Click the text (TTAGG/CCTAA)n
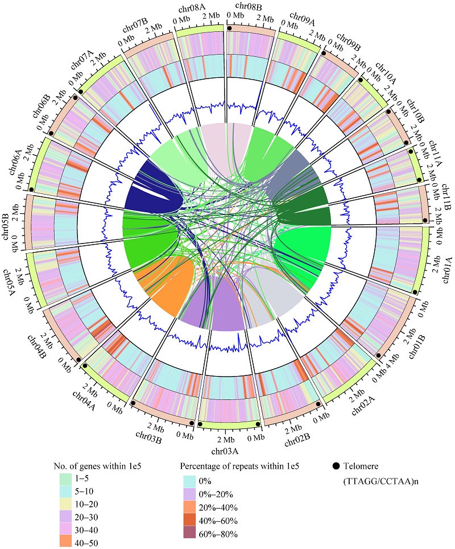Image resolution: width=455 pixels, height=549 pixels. [x=370, y=480]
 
